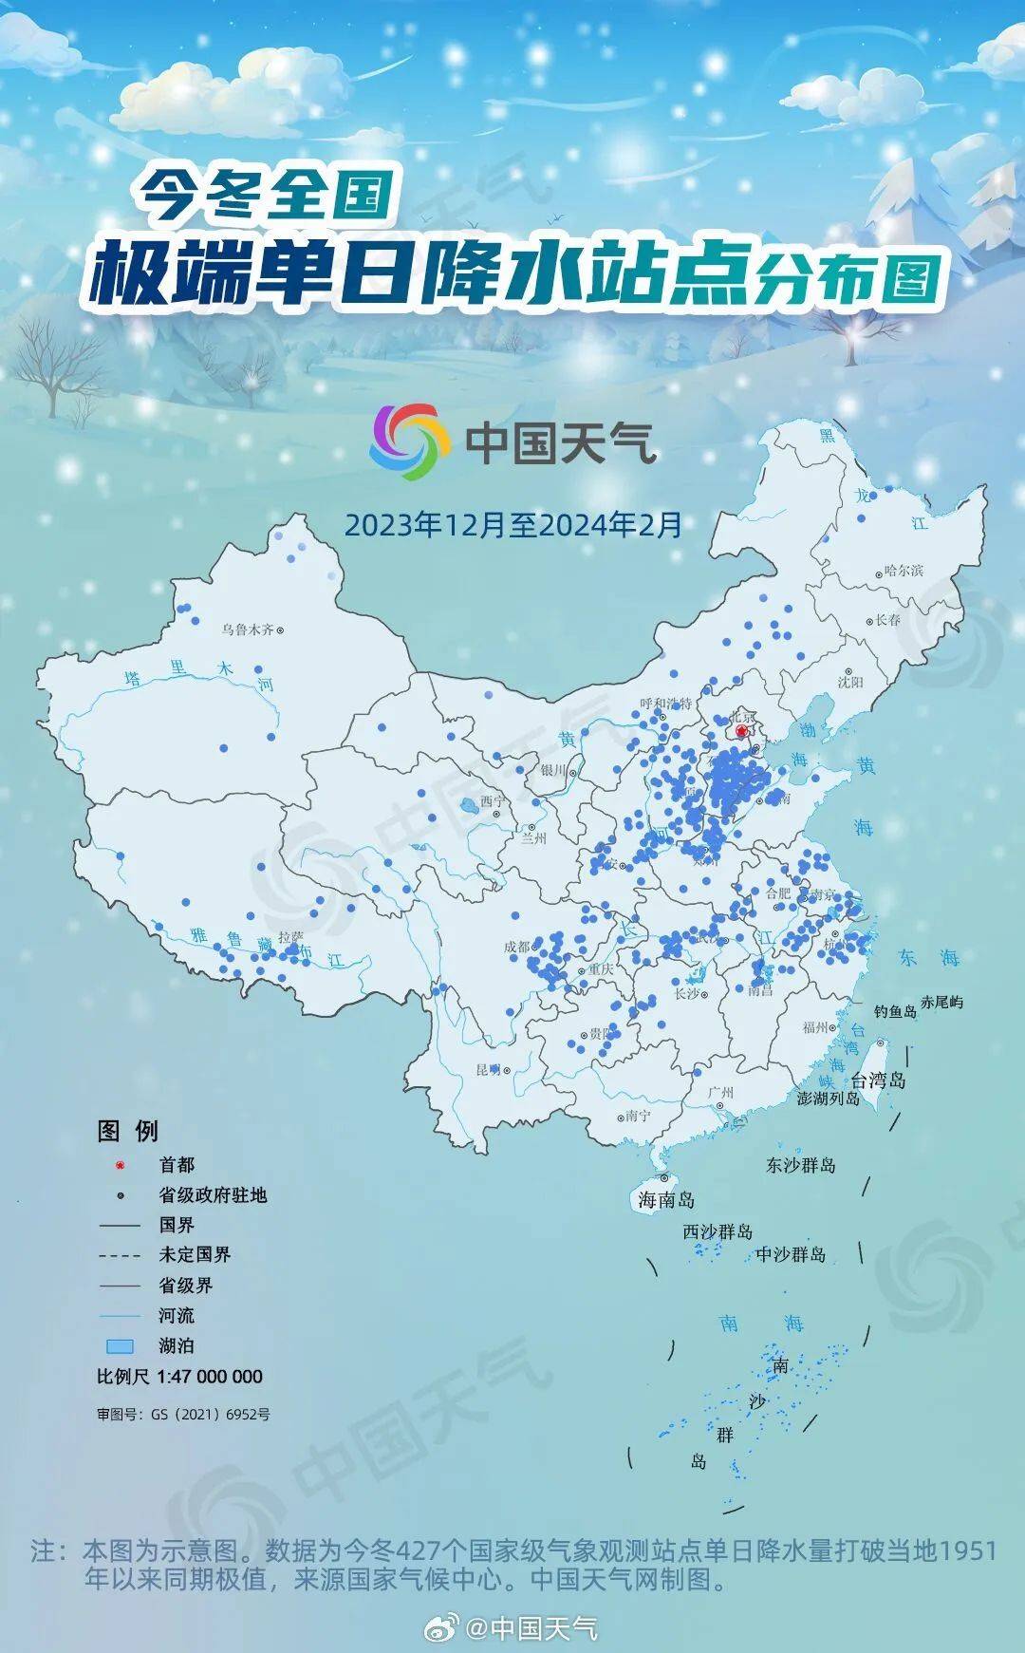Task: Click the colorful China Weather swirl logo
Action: [409, 441]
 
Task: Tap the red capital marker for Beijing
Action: [742, 731]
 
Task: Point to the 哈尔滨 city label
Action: [903, 571]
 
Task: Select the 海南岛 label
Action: [666, 1200]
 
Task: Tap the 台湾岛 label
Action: [878, 1080]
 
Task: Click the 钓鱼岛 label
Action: [895, 1011]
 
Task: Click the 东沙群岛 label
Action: [801, 1164]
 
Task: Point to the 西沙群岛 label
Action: [717, 1231]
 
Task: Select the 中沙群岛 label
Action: [791, 1254]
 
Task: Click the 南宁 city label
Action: [639, 1116]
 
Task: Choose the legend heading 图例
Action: [128, 1131]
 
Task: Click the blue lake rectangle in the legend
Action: [119, 1346]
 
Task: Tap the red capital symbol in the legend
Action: [121, 1165]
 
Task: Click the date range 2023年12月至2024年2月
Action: [513, 524]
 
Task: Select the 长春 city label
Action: [887, 619]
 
